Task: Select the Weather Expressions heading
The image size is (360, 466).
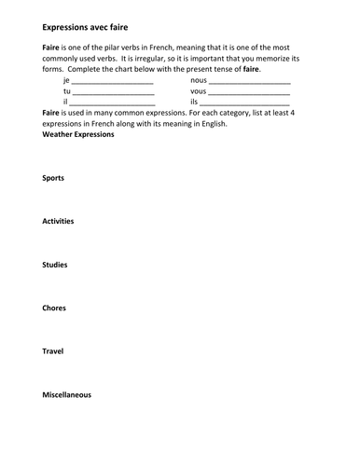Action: coord(78,134)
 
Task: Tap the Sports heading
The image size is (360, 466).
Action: coord(53,177)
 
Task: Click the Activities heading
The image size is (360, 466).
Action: coord(58,221)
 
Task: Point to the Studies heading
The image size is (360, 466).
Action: coord(55,265)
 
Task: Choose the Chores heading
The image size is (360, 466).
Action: coord(54,308)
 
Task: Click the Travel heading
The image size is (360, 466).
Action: coord(53,351)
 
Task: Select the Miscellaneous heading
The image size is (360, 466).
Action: coord(67,395)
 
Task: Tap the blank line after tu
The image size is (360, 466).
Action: coord(113,93)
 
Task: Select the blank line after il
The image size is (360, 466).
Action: coord(111,103)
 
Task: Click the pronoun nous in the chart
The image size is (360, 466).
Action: coord(199,80)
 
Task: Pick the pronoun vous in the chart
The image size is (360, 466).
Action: coord(199,91)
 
